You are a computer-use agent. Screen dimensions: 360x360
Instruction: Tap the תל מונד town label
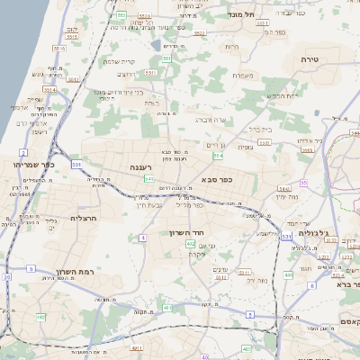click(268, 15)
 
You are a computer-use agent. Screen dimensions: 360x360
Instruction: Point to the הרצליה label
click(82, 219)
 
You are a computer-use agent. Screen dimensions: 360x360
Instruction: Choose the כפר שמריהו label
click(35, 166)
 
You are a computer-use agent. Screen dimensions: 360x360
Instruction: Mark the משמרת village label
click(247, 75)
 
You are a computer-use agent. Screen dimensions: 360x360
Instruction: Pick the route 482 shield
click(40, 317)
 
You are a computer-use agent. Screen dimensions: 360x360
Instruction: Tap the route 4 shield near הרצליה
click(141, 238)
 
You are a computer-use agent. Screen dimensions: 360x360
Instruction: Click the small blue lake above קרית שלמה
click(157, 45)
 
